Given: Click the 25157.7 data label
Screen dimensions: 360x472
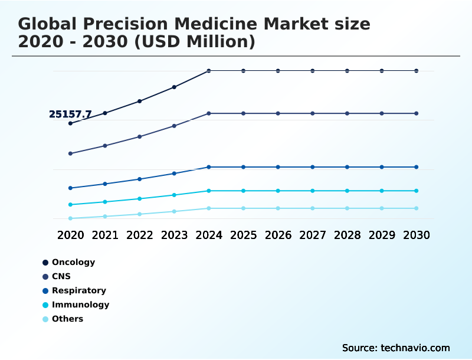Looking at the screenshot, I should point(70,114).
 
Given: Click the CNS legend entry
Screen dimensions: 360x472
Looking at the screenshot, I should point(61,276).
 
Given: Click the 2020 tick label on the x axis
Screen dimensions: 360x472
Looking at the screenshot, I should point(71,235).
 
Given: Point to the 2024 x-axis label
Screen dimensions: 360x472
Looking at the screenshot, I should point(209,235).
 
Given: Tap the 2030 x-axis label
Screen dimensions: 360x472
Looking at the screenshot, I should point(417,235).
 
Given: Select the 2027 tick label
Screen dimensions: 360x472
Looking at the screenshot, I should point(313,235).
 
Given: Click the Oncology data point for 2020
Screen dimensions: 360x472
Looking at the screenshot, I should point(71,123).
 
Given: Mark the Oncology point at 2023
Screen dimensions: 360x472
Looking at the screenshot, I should point(174,87).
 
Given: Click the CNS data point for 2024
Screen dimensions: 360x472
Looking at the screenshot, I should point(209,113).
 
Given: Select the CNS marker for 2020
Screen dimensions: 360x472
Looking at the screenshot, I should point(71,153).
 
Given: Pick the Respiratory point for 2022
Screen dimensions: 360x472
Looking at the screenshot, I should point(140,179).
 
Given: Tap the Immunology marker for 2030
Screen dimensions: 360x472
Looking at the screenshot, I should point(417,191).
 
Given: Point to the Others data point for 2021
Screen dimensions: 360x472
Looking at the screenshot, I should point(105,217).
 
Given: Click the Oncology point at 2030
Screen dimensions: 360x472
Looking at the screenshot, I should point(417,71).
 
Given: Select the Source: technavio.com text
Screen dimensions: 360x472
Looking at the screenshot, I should point(396,348).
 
